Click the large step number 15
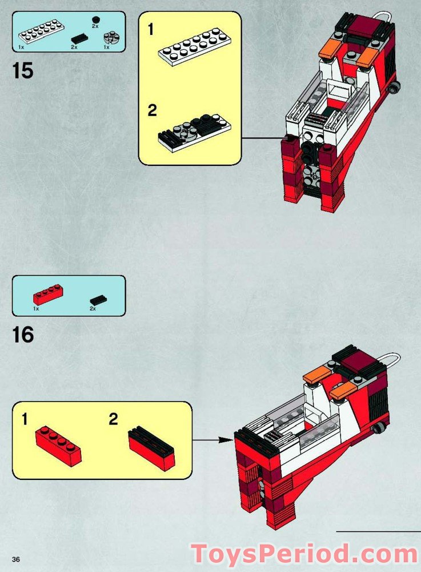point(23,71)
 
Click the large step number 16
point(23,335)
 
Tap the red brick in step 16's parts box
point(48,294)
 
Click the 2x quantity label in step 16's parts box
point(93,309)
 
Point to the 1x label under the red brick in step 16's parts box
point(35,309)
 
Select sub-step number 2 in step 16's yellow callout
point(113,420)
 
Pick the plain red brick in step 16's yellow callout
point(58,446)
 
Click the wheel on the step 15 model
point(394,86)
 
